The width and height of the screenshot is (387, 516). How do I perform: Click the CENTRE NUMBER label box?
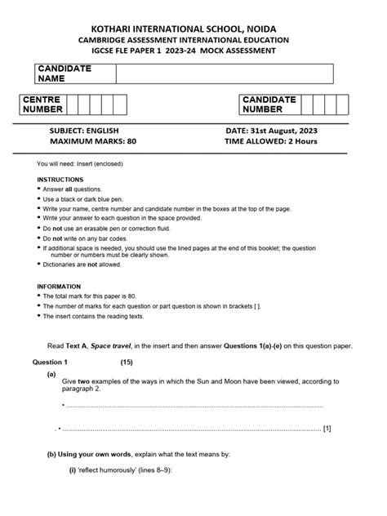(x=44, y=105)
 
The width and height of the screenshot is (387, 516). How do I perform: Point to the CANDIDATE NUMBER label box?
(x=269, y=105)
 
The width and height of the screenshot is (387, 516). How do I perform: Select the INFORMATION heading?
(x=60, y=287)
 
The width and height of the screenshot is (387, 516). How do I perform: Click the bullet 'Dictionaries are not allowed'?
(x=82, y=265)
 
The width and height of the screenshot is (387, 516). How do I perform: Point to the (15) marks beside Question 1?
(x=127, y=362)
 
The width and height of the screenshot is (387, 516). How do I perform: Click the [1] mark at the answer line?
(x=327, y=428)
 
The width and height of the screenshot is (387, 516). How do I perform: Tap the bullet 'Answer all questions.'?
(x=74, y=189)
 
